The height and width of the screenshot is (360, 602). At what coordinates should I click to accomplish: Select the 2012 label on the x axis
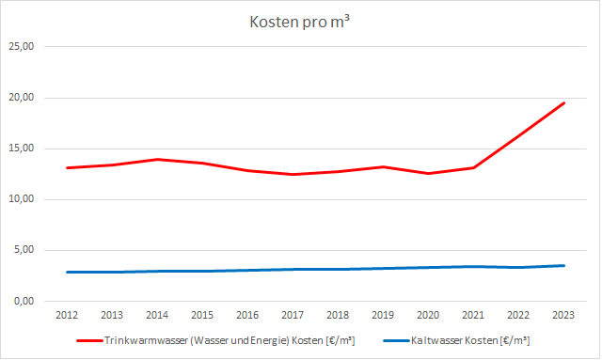[67, 316]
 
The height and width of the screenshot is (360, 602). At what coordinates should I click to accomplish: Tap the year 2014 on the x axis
[158, 316]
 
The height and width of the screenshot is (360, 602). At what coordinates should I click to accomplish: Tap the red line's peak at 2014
[158, 159]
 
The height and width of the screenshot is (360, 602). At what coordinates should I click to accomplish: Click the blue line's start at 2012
[67, 272]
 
